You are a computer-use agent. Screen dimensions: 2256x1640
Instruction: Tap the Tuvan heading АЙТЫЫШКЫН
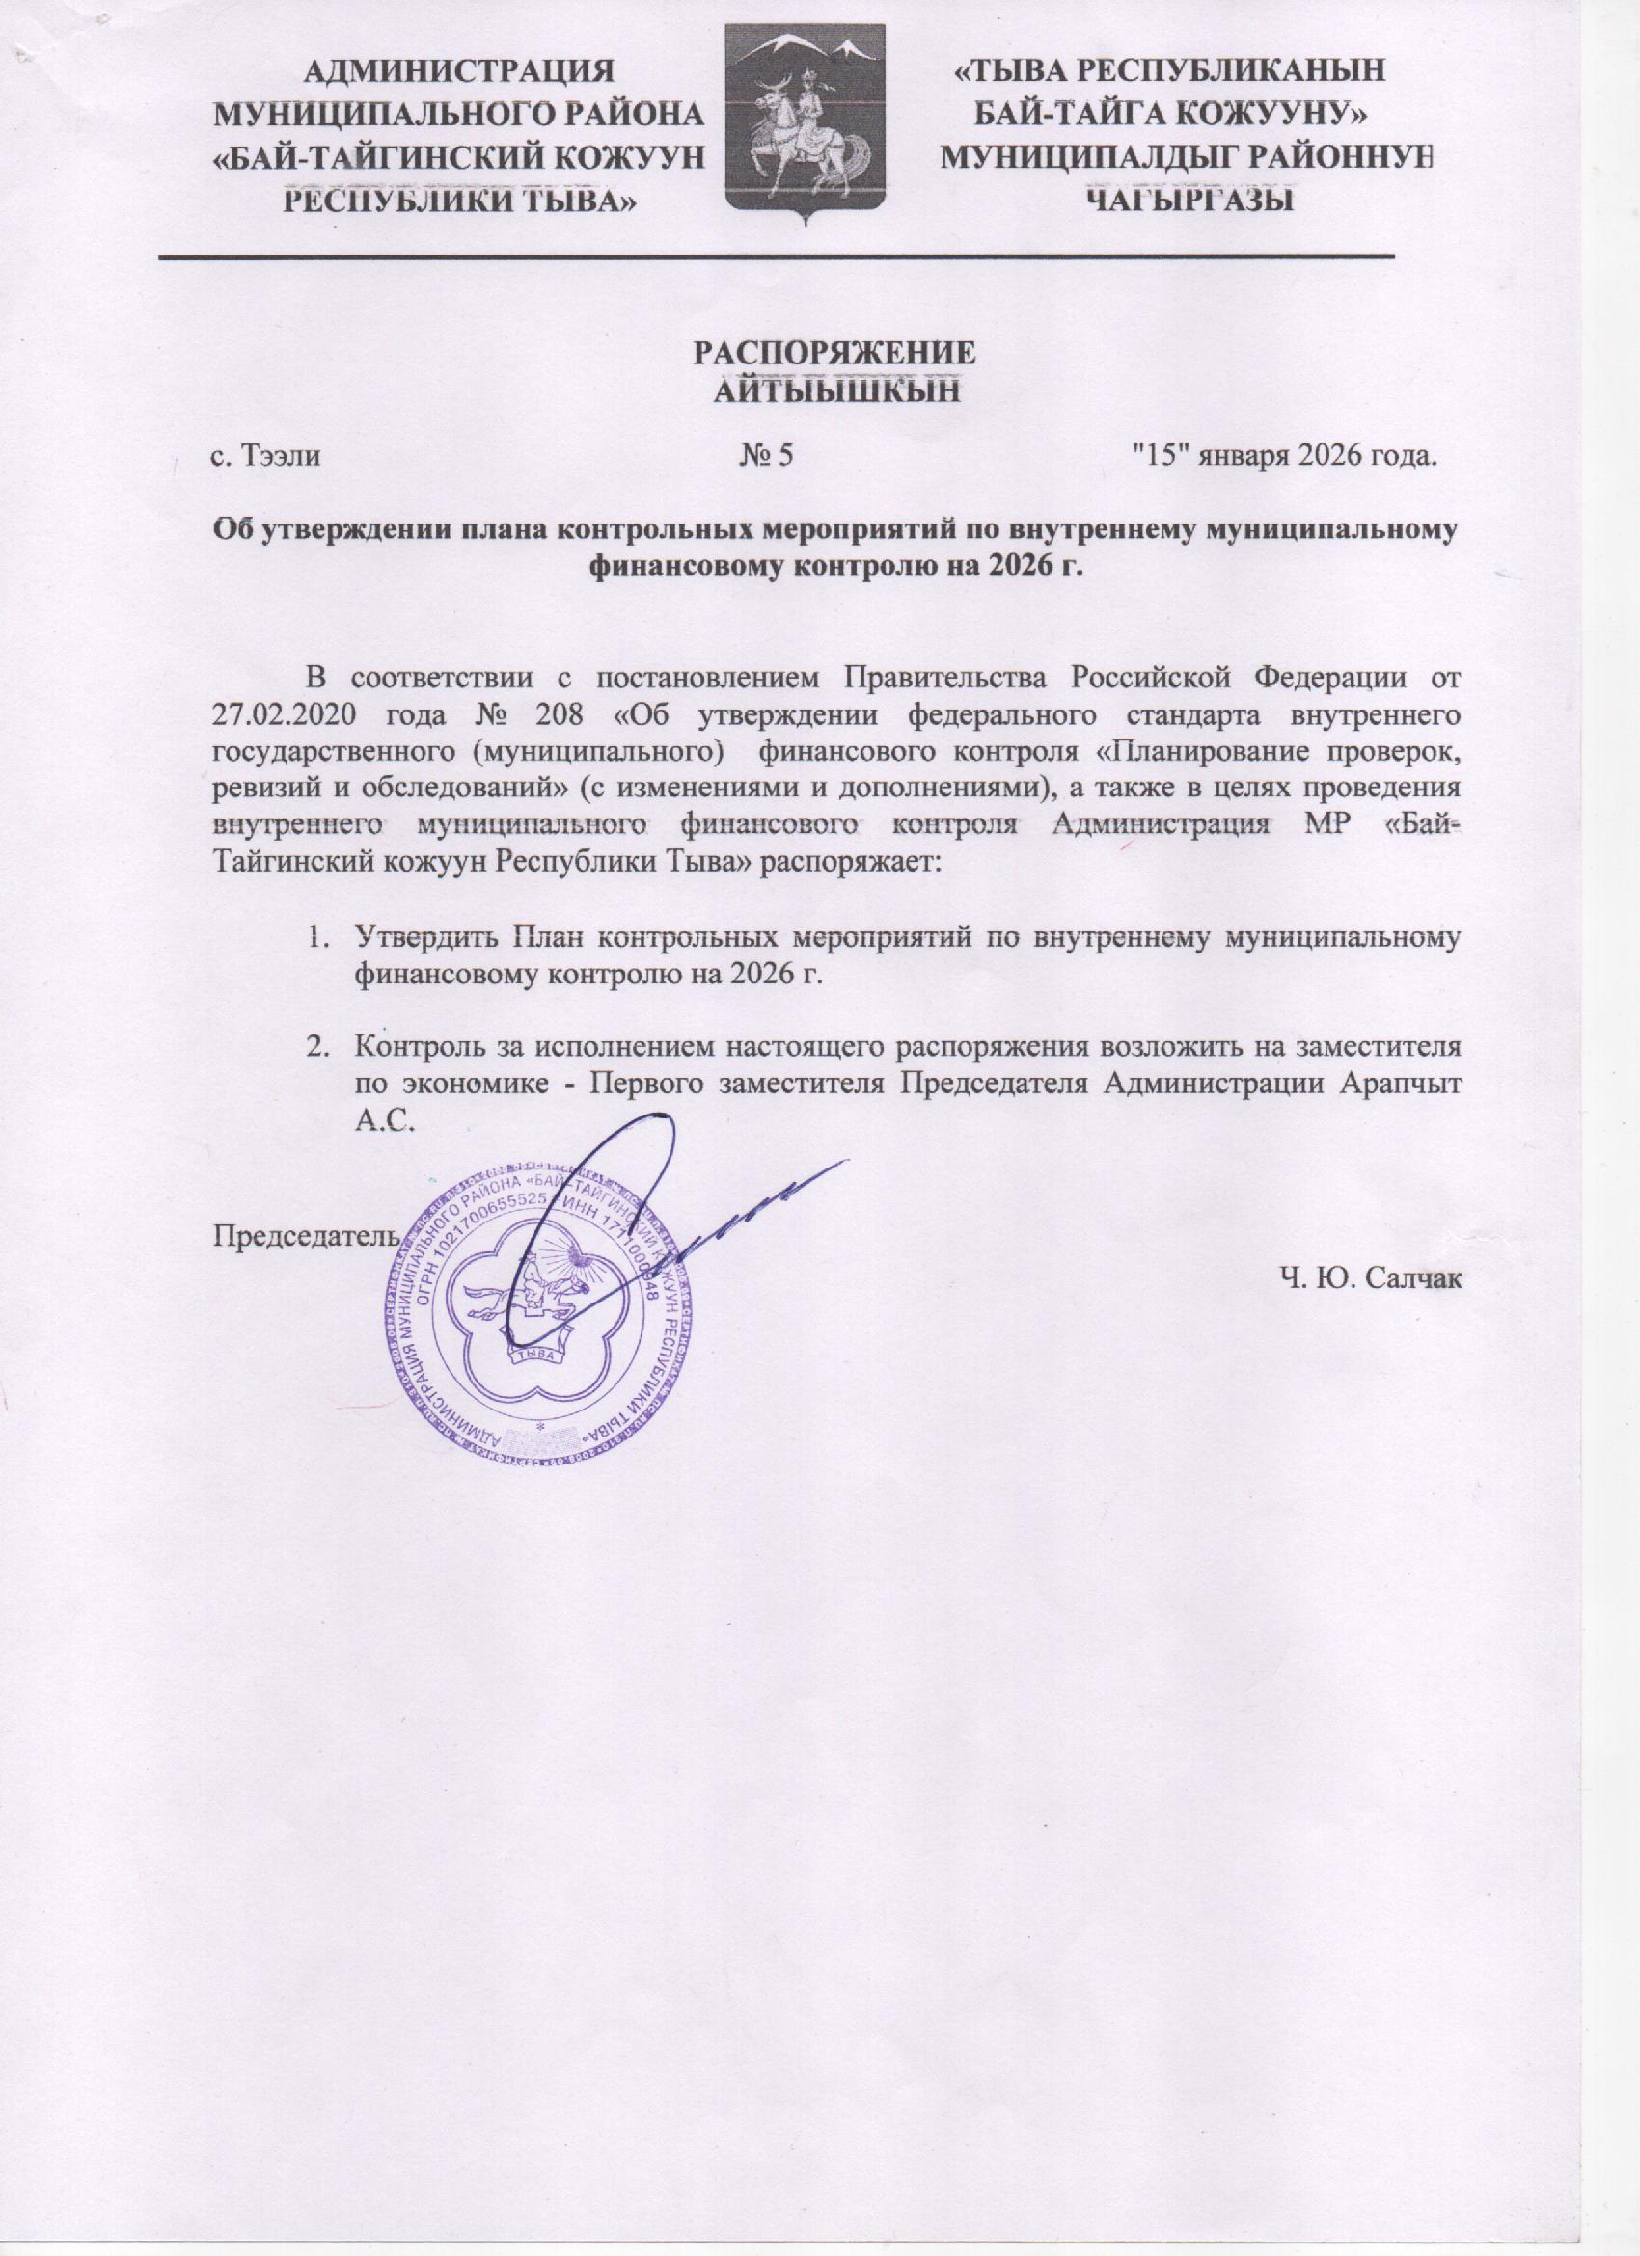pos(836,390)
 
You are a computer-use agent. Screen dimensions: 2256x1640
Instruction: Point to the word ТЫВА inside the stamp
pos(537,1355)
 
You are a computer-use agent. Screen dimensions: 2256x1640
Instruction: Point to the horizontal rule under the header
pos(777,257)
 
